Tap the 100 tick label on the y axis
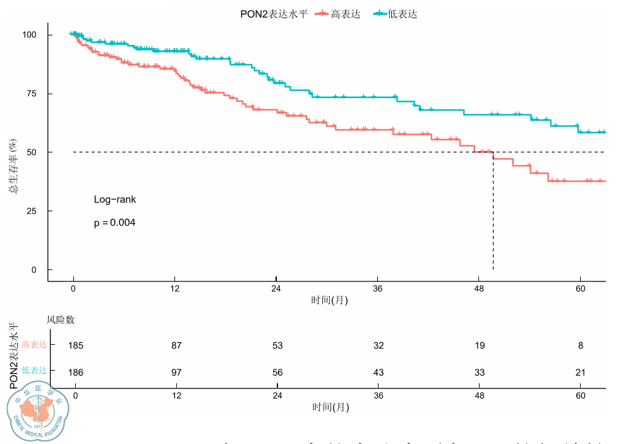(29, 35)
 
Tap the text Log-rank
(115, 200)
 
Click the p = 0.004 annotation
(115, 223)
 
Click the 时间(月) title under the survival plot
(329, 300)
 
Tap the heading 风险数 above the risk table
(61, 321)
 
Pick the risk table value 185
(76, 346)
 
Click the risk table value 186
(76, 373)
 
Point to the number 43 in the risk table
(378, 373)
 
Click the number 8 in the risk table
(580, 346)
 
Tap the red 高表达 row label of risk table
(34, 345)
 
